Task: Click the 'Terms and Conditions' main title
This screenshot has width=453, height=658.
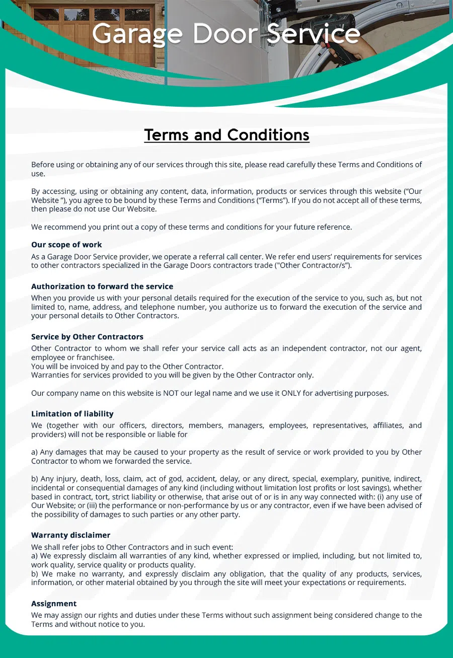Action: pyautogui.click(x=226, y=135)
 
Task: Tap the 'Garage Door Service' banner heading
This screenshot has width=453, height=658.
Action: pyautogui.click(x=226, y=34)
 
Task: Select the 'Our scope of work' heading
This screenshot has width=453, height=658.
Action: pyautogui.click(x=66, y=245)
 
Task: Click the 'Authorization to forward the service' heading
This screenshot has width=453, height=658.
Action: pyautogui.click(x=102, y=286)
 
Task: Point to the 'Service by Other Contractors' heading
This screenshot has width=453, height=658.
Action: pyautogui.click(x=87, y=337)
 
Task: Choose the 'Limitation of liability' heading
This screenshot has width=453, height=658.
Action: pyautogui.click(x=72, y=414)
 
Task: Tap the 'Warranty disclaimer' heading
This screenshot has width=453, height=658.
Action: pyautogui.click(x=70, y=535)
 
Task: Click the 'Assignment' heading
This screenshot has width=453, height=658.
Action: pyautogui.click(x=54, y=604)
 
